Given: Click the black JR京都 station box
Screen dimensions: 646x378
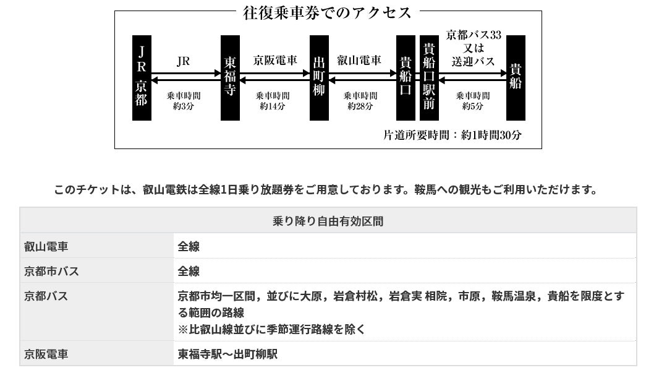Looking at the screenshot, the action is pyautogui.click(x=142, y=78).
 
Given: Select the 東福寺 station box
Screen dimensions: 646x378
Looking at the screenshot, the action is pyautogui.click(x=230, y=78).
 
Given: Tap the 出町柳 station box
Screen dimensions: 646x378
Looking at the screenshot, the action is pyautogui.click(x=319, y=78).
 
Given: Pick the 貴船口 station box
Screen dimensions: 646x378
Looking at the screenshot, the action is pyautogui.click(x=406, y=78).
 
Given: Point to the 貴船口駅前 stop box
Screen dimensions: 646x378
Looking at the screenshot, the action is pyautogui.click(x=429, y=78).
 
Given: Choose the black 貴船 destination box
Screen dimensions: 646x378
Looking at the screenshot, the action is pyautogui.click(x=516, y=78).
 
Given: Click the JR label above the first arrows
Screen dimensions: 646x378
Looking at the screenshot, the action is pyautogui.click(x=184, y=61).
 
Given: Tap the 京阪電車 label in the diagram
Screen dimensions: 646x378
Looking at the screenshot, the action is pyautogui.click(x=275, y=61).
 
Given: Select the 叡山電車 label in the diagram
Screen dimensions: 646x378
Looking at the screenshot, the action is pyautogui.click(x=359, y=61).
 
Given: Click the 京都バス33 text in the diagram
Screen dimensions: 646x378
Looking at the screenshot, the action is pyautogui.click(x=474, y=34).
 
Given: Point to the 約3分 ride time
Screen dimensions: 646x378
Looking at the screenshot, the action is pyautogui.click(x=184, y=106).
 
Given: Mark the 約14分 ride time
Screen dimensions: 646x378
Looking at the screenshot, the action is pyautogui.click(x=273, y=106).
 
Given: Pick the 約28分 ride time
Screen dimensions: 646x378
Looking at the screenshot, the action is pyautogui.click(x=360, y=106).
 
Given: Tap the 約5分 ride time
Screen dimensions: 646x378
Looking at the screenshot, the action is pyautogui.click(x=473, y=106).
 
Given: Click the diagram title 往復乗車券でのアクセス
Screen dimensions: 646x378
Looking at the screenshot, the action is pyautogui.click(x=328, y=13).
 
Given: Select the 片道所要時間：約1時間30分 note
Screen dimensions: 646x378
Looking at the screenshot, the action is pyautogui.click(x=453, y=135).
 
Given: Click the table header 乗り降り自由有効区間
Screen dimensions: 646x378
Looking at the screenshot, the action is pyautogui.click(x=328, y=221).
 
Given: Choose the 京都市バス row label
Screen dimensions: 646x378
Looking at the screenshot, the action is pyautogui.click(x=52, y=271).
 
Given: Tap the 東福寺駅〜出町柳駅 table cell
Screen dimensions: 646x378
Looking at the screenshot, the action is pyautogui.click(x=227, y=354).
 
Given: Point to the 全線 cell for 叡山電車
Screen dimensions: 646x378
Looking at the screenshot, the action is pyautogui.click(x=189, y=246).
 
